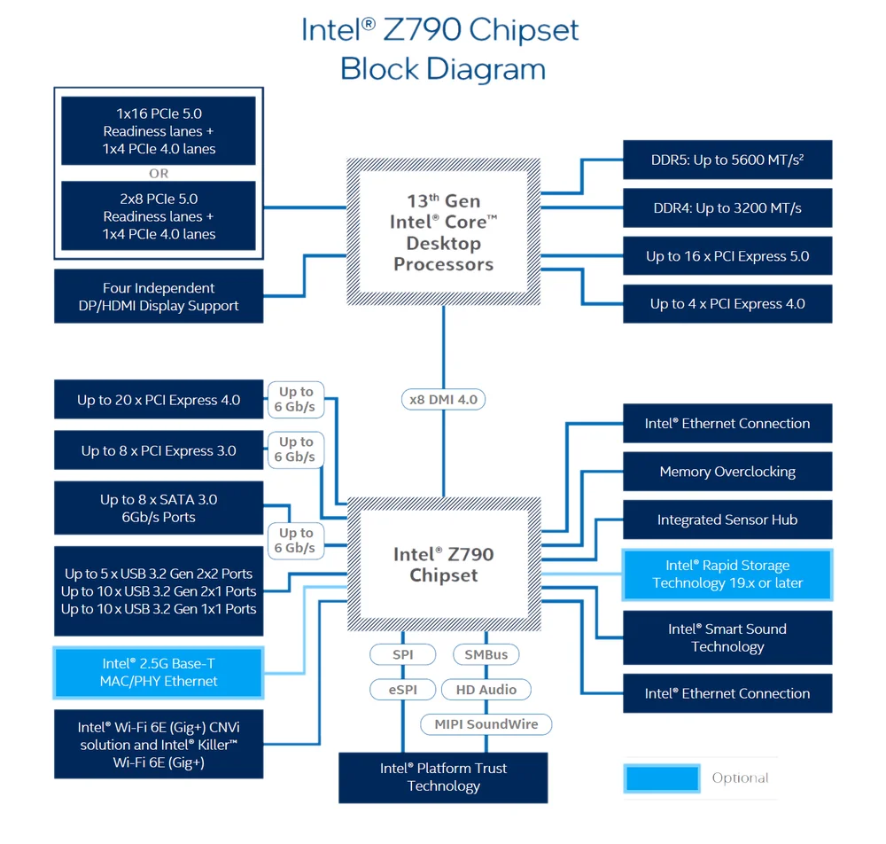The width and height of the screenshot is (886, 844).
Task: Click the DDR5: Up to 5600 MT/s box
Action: (727, 160)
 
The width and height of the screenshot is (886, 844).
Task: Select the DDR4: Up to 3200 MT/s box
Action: (727, 208)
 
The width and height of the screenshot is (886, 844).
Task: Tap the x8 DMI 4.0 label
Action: (444, 400)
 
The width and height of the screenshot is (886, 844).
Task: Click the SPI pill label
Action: (403, 654)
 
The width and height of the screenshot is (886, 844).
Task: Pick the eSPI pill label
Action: (403, 690)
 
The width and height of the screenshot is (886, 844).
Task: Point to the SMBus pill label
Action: (486, 654)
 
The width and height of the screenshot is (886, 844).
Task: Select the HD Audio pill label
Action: (486, 690)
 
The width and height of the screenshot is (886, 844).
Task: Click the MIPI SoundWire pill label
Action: (486, 724)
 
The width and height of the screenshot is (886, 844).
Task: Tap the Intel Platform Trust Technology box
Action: (443, 778)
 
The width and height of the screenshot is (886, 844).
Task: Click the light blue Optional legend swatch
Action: (662, 778)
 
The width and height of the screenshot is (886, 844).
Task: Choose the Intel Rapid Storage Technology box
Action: (727, 574)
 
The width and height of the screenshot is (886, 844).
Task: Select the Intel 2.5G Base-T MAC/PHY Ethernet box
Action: (159, 673)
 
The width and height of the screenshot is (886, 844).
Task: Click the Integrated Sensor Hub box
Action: (727, 520)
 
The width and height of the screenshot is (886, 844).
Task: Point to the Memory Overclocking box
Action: (727, 472)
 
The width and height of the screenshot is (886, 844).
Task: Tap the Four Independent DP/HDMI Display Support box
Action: (159, 296)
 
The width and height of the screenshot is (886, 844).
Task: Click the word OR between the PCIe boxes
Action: (159, 174)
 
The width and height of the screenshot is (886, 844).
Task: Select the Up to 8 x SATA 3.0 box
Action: (159, 508)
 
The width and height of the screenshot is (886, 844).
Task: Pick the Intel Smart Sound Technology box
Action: (727, 637)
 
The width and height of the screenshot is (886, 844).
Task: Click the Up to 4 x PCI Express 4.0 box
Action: (727, 303)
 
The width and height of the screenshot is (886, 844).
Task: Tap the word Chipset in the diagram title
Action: (524, 30)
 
